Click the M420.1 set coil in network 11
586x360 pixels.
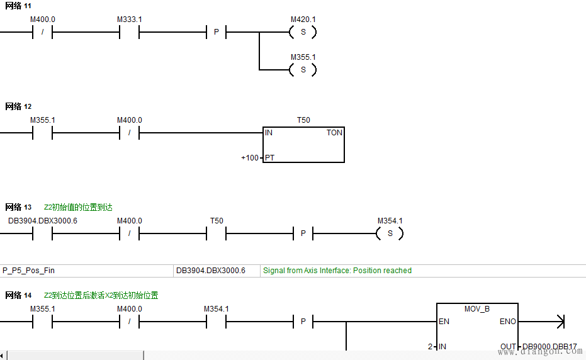[x=303, y=32]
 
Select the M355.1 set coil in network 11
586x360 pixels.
[x=303, y=69]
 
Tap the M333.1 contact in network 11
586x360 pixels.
[x=129, y=32]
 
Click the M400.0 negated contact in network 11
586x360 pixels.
[x=42, y=32]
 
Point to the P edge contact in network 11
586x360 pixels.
[x=216, y=32]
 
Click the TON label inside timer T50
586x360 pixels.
[x=334, y=133]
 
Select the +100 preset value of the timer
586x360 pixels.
[x=250, y=157]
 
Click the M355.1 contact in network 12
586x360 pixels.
[x=42, y=133]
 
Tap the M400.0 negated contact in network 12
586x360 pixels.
[x=129, y=133]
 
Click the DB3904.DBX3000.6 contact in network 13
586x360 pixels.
[x=42, y=233]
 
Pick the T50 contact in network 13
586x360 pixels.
[x=216, y=233]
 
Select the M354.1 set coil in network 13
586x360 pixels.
[x=390, y=233]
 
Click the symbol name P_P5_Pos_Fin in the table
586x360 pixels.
[x=29, y=271]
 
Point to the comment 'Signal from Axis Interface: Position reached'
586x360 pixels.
[x=337, y=271]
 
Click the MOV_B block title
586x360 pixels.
[x=477, y=309]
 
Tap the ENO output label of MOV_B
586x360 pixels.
[x=507, y=322]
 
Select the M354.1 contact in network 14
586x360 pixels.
[x=216, y=322]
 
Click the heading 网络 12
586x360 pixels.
[x=18, y=106]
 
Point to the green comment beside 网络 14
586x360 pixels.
[x=101, y=295]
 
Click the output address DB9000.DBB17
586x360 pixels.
[x=549, y=347]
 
